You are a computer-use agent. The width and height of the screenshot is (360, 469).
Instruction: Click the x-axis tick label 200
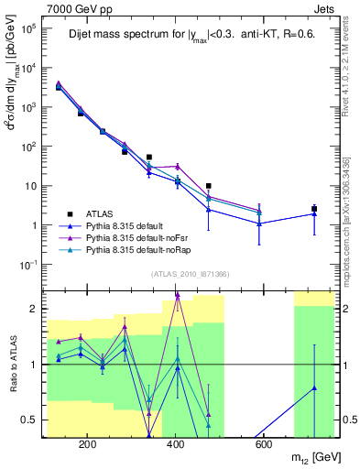[x=88, y=445]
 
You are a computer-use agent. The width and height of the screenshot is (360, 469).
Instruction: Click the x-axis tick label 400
[x=176, y=445]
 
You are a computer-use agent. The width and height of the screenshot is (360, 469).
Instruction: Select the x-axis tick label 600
[x=263, y=445]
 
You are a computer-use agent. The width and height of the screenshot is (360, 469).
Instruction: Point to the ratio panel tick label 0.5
[x=29, y=420]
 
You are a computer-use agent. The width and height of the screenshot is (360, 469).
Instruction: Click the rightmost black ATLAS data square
[x=314, y=209]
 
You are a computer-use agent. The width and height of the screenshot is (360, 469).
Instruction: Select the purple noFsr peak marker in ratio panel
[x=177, y=295]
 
